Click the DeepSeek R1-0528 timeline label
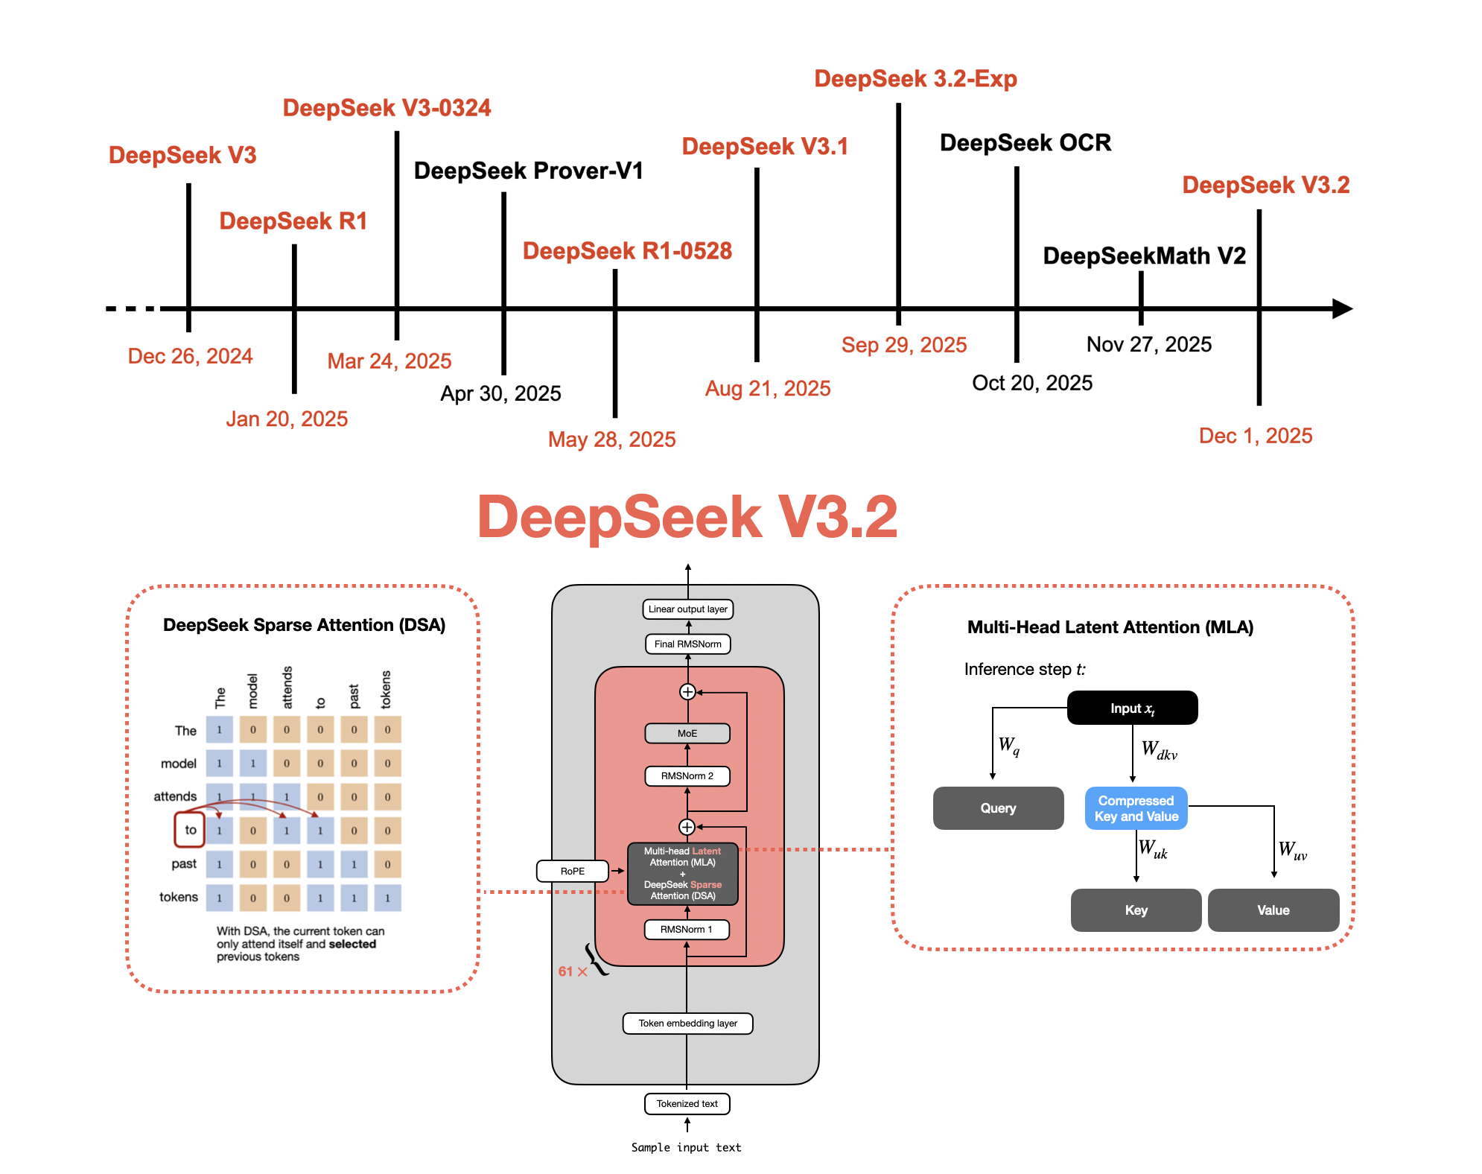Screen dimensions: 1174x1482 pyautogui.click(x=627, y=251)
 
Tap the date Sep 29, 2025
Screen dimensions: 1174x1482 pyautogui.click(x=903, y=345)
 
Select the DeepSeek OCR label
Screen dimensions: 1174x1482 pyautogui.click(x=1025, y=143)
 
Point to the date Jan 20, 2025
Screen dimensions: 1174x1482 pyautogui.click(x=287, y=419)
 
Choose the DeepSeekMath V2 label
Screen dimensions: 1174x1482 pyautogui.click(x=1144, y=256)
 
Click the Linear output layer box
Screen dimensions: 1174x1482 pyautogui.click(x=687, y=609)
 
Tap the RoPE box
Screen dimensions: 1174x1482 pyautogui.click(x=573, y=871)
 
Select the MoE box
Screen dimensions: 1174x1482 pyautogui.click(x=687, y=734)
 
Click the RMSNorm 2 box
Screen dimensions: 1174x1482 pyautogui.click(x=687, y=776)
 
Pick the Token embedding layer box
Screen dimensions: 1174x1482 pyautogui.click(x=687, y=1024)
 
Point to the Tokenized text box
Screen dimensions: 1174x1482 pyautogui.click(x=687, y=1104)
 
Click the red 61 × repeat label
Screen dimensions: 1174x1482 pyautogui.click(x=572, y=971)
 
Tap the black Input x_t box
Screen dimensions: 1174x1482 pyautogui.click(x=1132, y=708)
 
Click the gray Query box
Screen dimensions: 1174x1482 pyautogui.click(x=998, y=808)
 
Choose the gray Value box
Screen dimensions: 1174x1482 pyautogui.click(x=1273, y=910)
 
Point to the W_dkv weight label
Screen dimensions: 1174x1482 pyautogui.click(x=1159, y=750)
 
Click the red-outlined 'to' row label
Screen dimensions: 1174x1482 pyautogui.click(x=190, y=830)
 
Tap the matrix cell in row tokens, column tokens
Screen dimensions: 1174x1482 pyautogui.click(x=387, y=898)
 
